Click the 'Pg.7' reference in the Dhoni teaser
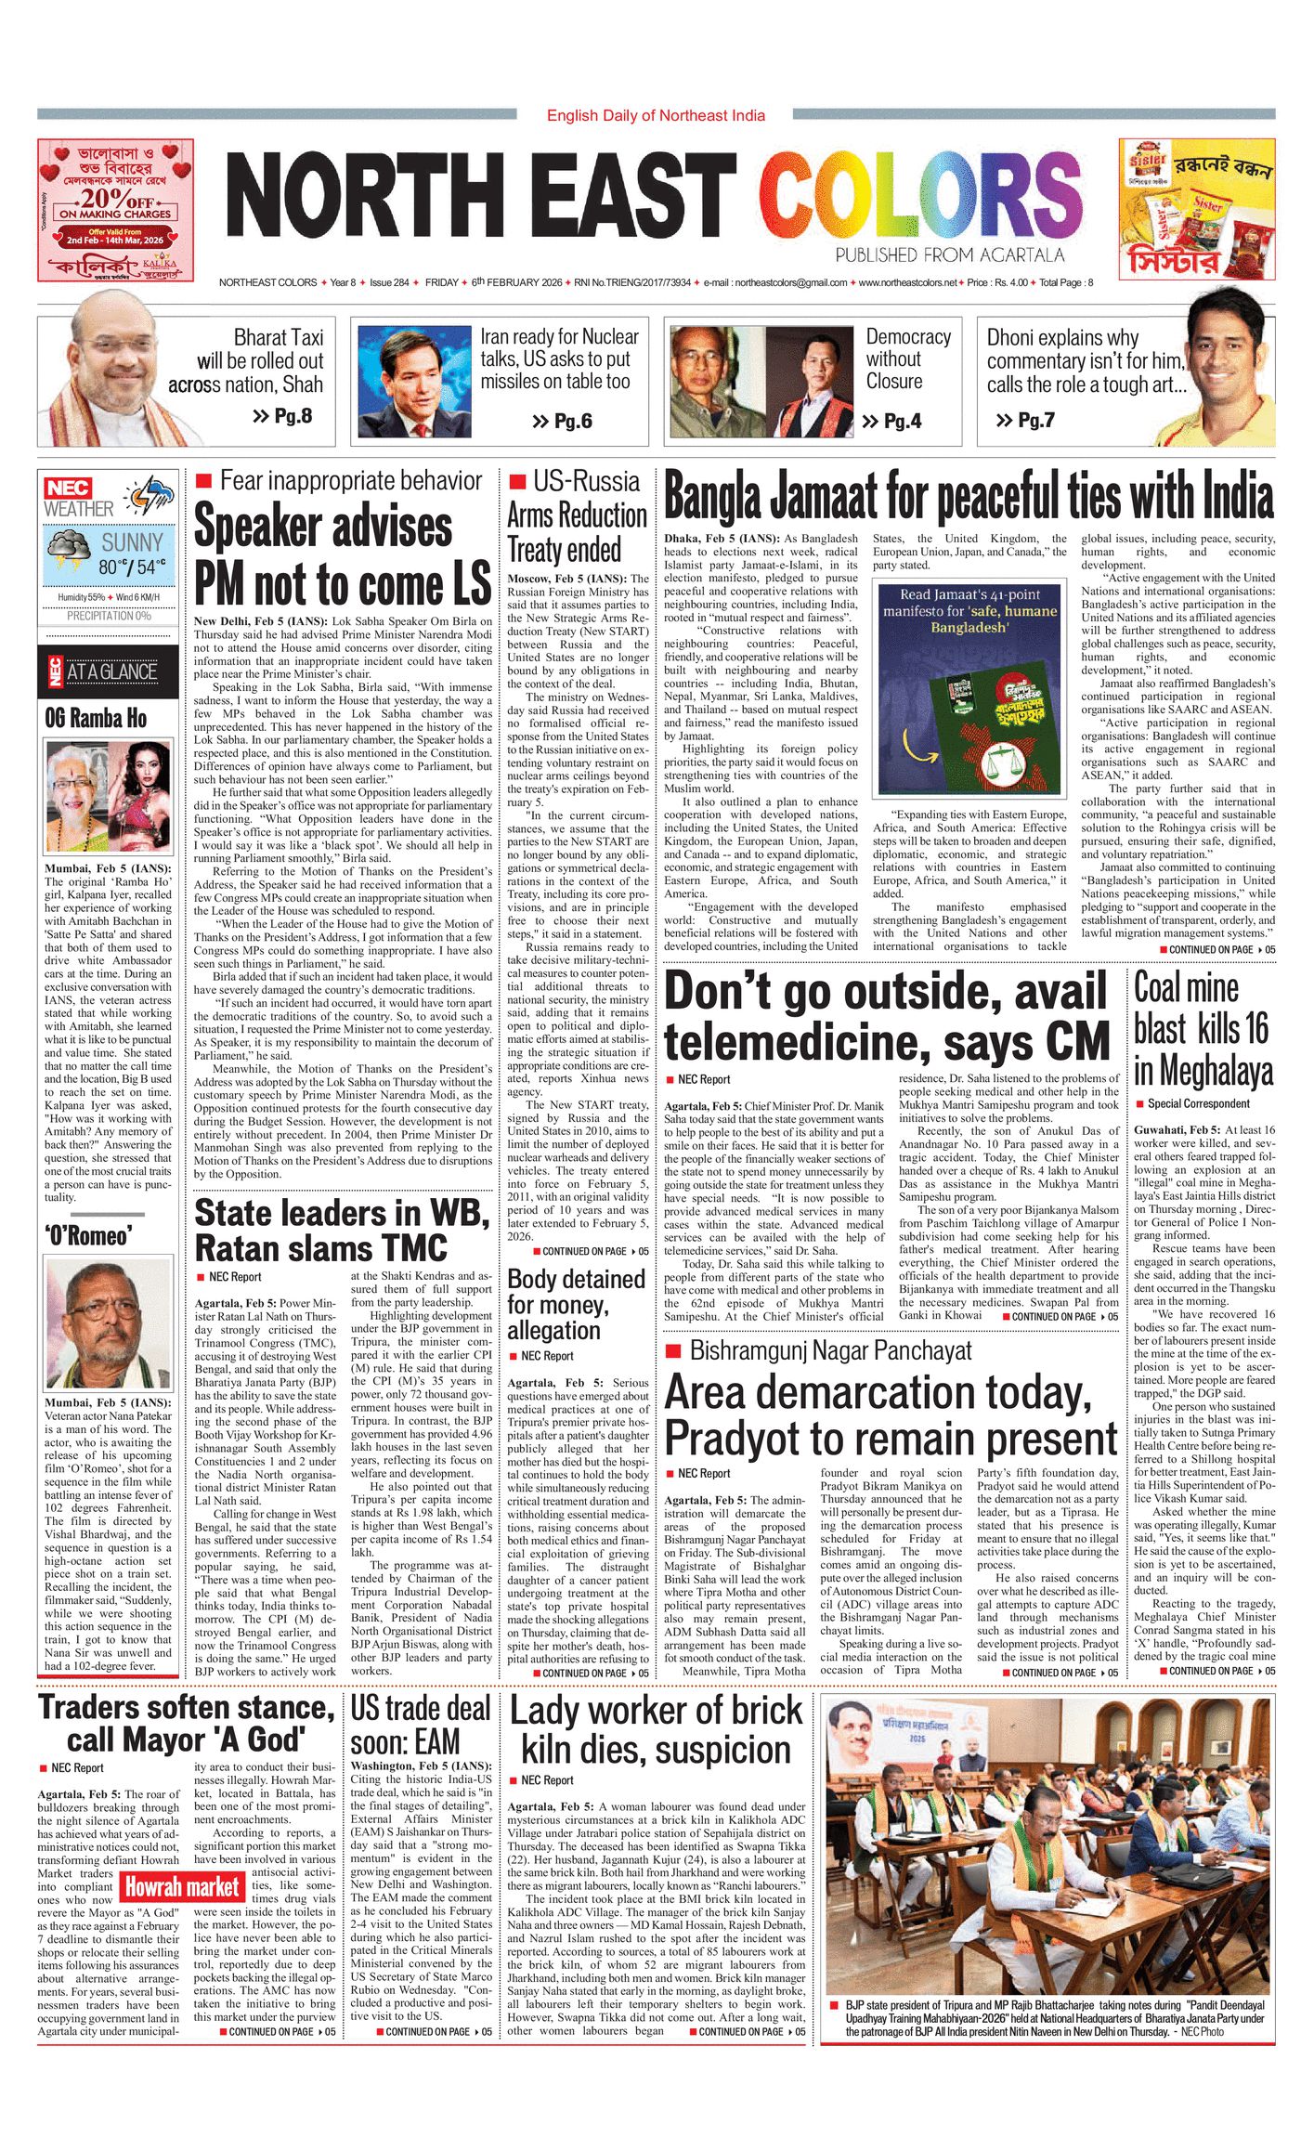tap(1025, 421)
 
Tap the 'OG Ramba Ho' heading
tap(96, 718)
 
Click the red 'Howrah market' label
tap(183, 1886)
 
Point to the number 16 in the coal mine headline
tap(1255, 1028)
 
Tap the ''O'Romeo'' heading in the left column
tap(88, 1235)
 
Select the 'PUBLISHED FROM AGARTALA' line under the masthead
tap(949, 255)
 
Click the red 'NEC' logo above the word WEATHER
tap(68, 489)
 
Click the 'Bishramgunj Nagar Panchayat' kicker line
tap(830, 1351)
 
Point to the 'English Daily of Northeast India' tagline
tap(656, 115)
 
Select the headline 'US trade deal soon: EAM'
tap(420, 1725)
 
